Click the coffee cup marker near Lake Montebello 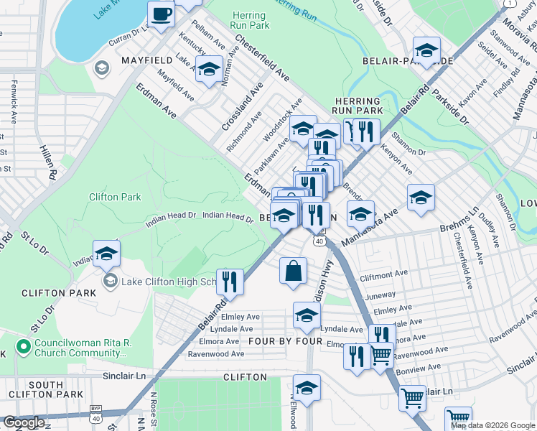(161, 13)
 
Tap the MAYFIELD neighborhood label (149, 60)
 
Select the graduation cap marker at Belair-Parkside (426, 50)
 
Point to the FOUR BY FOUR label (285, 340)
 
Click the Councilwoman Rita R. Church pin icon (23, 348)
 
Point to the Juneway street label (380, 295)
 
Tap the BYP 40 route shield (96, 416)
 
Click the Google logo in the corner (24, 423)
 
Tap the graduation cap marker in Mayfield (209, 70)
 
